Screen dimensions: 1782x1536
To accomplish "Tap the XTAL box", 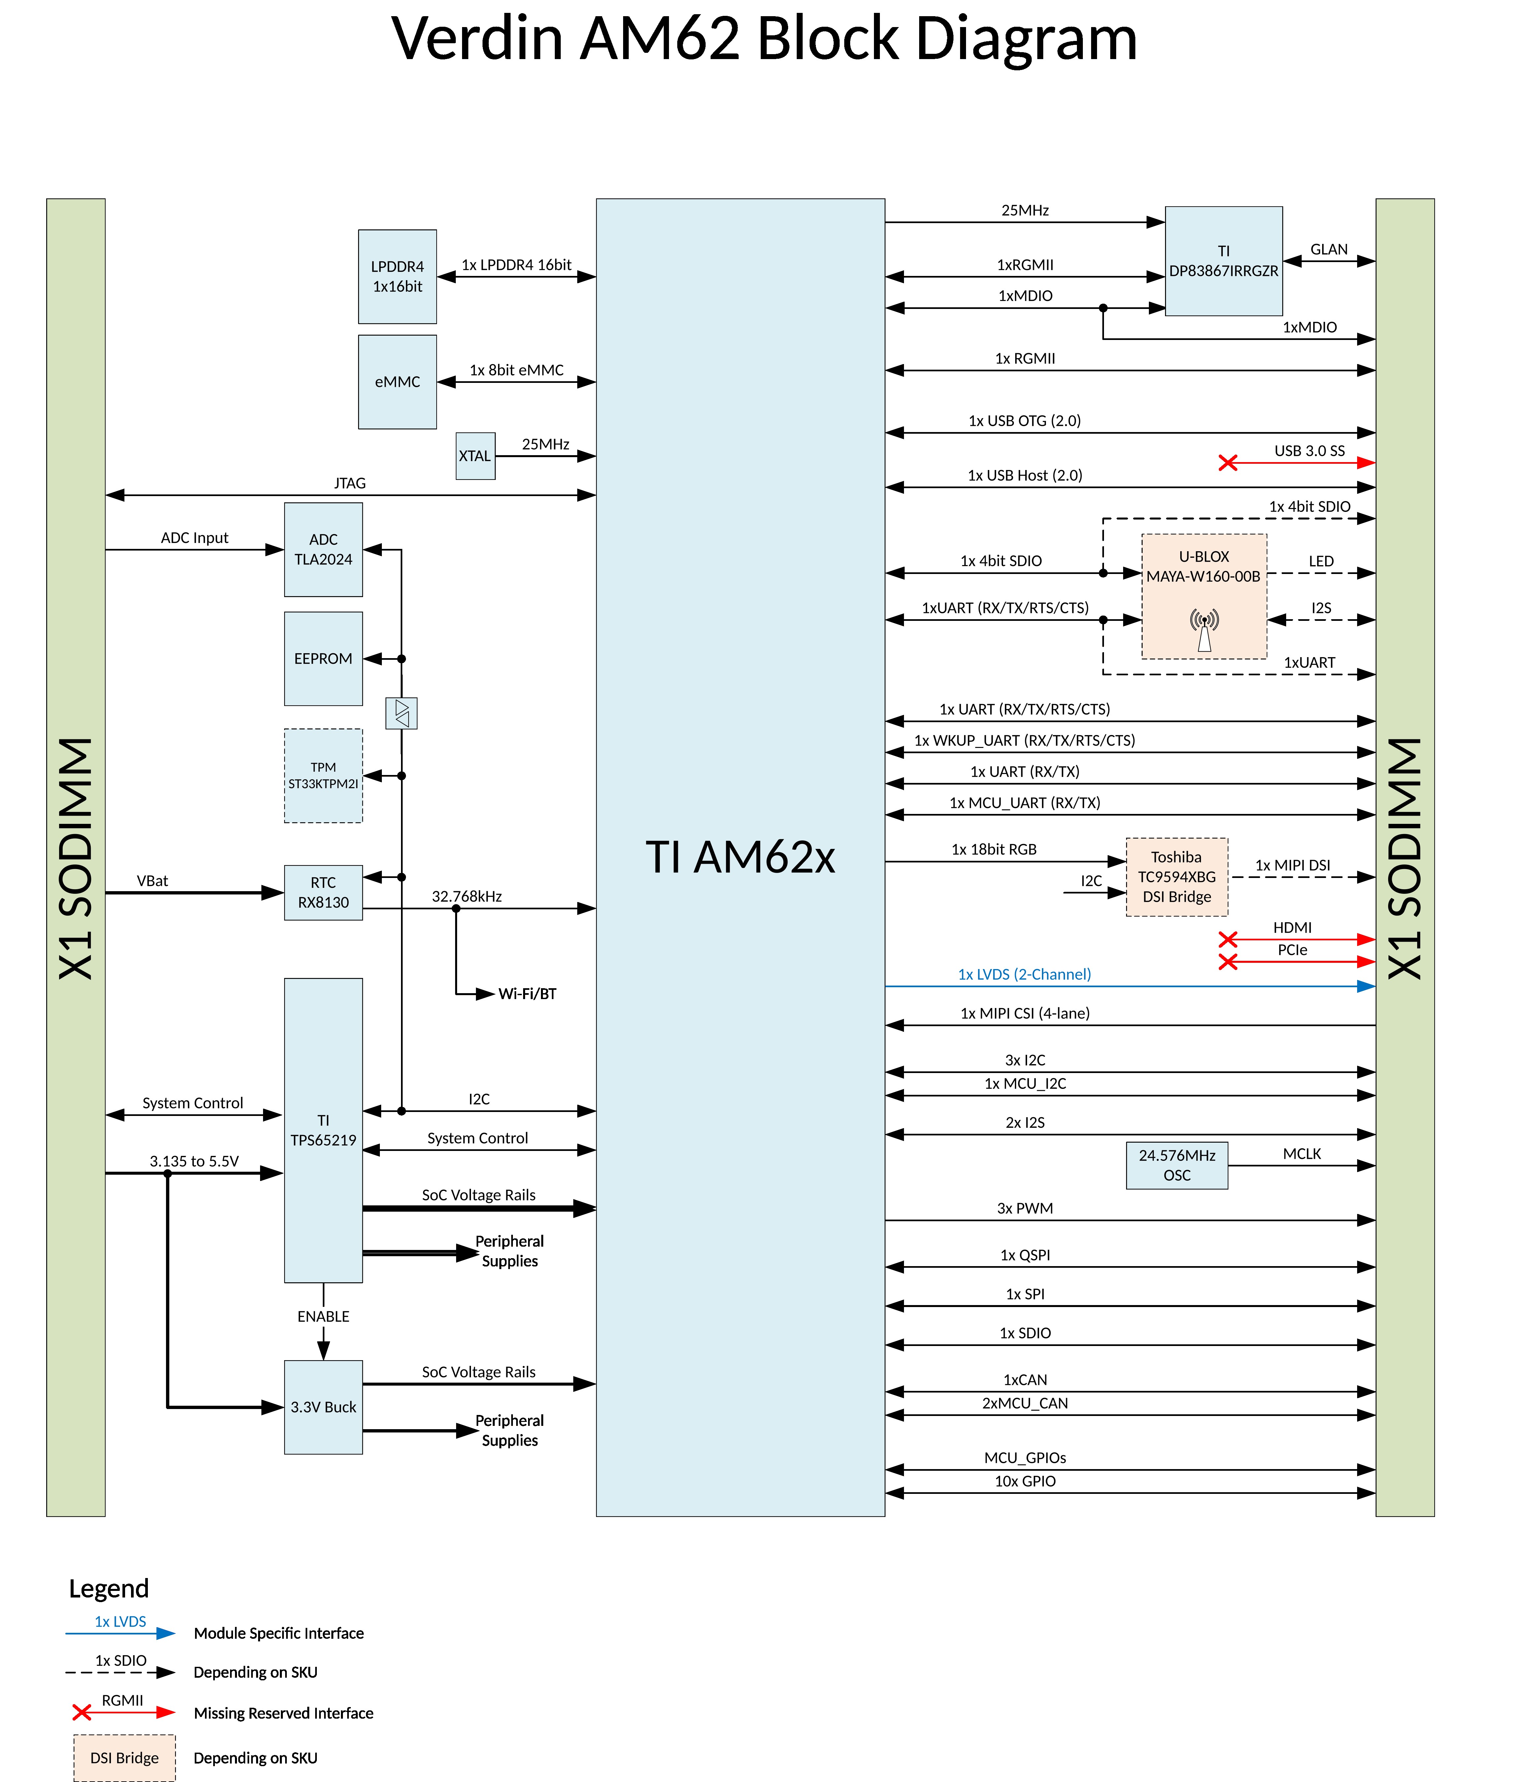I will [x=475, y=456].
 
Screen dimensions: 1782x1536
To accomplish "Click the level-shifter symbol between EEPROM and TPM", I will [x=402, y=713].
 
